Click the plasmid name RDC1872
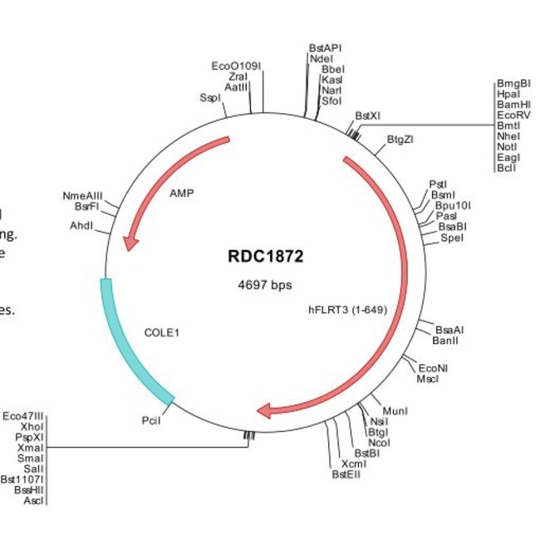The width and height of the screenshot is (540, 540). (265, 256)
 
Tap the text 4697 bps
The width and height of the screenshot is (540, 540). (265, 285)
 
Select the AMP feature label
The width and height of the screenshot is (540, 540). (182, 193)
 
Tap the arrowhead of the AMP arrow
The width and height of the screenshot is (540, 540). (130, 242)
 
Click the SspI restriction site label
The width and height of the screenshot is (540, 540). (210, 97)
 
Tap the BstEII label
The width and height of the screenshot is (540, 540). (347, 474)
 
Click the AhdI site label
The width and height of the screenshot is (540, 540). (81, 226)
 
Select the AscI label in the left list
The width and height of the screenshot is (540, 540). (34, 501)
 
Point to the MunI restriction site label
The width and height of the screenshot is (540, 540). (394, 410)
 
